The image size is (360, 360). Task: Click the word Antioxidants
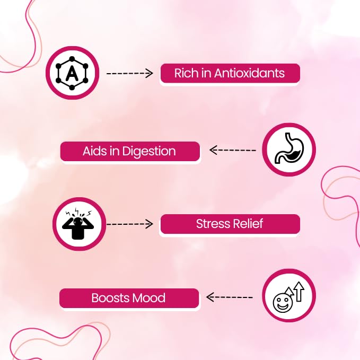(x=249, y=73)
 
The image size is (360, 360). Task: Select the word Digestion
(x=149, y=152)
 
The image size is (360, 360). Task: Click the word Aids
(x=94, y=151)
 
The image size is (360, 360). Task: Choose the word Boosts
(x=110, y=298)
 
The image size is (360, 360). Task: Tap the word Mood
(x=149, y=298)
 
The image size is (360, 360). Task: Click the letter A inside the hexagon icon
(x=72, y=74)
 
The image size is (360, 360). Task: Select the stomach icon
(x=289, y=148)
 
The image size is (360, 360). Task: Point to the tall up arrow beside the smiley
(x=299, y=292)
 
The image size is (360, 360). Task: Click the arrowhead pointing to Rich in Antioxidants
(x=150, y=73)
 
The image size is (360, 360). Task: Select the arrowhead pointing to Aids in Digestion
(x=213, y=150)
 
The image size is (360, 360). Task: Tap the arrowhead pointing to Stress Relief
(x=150, y=224)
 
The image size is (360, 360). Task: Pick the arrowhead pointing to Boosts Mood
(x=210, y=297)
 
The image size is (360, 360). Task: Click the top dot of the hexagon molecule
(x=72, y=59)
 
